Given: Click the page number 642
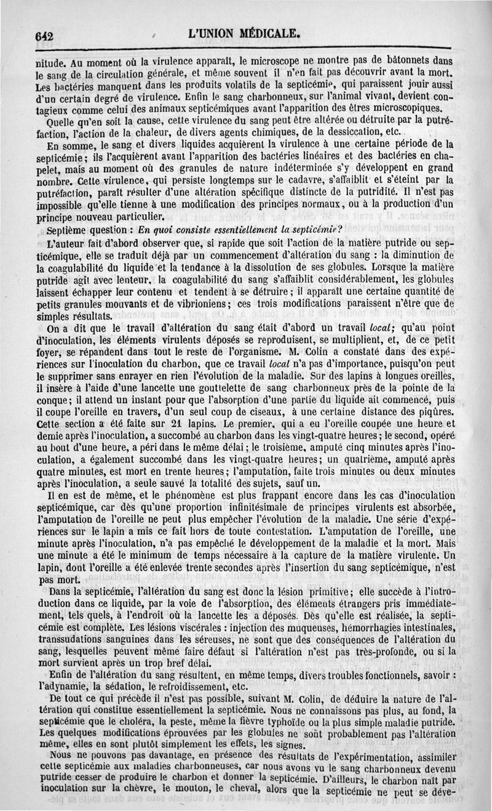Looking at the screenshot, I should [44, 36].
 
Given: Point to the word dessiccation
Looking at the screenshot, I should [346, 132].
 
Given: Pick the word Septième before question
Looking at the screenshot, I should [70, 231].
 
